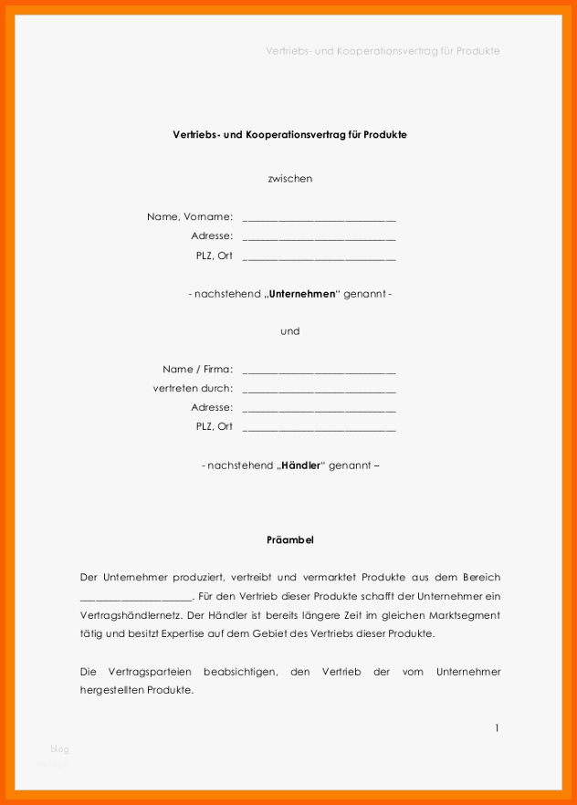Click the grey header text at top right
[383, 51]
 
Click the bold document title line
[289, 134]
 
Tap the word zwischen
[289, 178]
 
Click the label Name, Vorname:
[190, 217]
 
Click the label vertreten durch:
[193, 389]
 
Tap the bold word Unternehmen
[301, 294]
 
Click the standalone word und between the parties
[289, 331]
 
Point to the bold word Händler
[300, 465]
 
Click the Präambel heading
[289, 540]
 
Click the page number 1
[497, 727]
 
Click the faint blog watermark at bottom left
[60, 749]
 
